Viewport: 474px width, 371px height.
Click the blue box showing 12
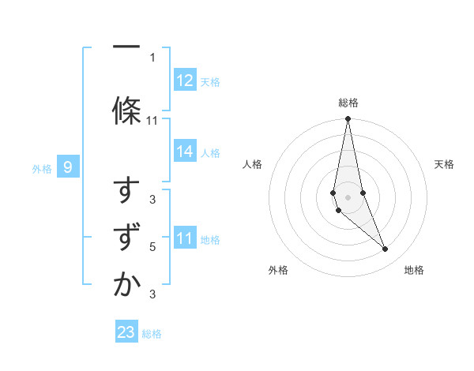pyautogui.click(x=185, y=81)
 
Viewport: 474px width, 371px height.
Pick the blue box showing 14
pyautogui.click(x=185, y=152)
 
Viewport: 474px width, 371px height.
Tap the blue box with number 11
pyautogui.click(x=185, y=239)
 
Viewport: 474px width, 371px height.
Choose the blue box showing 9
pyautogui.click(x=68, y=167)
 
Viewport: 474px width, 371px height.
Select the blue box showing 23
pyautogui.click(x=126, y=333)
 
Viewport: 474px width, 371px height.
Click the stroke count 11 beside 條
pyautogui.click(x=152, y=121)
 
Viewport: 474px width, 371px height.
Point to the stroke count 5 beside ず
pyautogui.click(x=152, y=247)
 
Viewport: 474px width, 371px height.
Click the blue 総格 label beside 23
pyautogui.click(x=152, y=334)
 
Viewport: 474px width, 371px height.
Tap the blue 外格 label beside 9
pyautogui.click(x=42, y=168)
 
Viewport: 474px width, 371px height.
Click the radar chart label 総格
pyautogui.click(x=348, y=103)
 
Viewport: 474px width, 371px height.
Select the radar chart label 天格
pyautogui.click(x=444, y=164)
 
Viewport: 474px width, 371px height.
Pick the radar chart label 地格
pyautogui.click(x=414, y=270)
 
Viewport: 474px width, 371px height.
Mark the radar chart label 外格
pyautogui.click(x=278, y=270)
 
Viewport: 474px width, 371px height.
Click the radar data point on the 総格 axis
pyautogui.click(x=348, y=119)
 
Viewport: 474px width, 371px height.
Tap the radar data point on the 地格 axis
pyautogui.click(x=386, y=249)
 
